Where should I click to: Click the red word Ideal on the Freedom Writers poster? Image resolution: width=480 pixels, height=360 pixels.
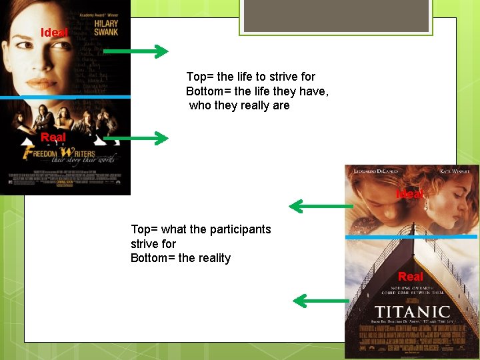[54, 33]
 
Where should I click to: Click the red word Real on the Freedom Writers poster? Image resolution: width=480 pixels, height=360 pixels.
[53, 137]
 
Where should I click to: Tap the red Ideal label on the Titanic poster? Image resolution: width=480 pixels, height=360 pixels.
[409, 194]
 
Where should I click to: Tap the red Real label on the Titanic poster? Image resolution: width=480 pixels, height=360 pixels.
[411, 276]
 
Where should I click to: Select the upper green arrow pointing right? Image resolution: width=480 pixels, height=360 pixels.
[136, 51]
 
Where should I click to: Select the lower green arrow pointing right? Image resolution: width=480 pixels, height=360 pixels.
[136, 138]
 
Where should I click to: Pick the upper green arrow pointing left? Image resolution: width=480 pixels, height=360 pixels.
[321, 207]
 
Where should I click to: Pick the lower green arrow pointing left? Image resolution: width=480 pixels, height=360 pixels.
[321, 301]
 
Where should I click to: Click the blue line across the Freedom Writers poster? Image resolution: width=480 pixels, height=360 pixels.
[65, 97]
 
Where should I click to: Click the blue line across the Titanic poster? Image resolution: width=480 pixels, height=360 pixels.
[411, 237]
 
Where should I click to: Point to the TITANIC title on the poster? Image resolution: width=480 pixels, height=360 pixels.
[412, 312]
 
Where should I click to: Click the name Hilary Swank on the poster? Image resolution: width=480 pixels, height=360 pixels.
[106, 27]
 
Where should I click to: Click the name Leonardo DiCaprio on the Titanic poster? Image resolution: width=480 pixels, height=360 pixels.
[373, 171]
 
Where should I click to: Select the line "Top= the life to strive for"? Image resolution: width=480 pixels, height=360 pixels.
[251, 77]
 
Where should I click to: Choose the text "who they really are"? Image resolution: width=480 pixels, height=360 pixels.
[239, 105]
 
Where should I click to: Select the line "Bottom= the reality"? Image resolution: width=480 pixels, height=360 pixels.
[181, 258]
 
